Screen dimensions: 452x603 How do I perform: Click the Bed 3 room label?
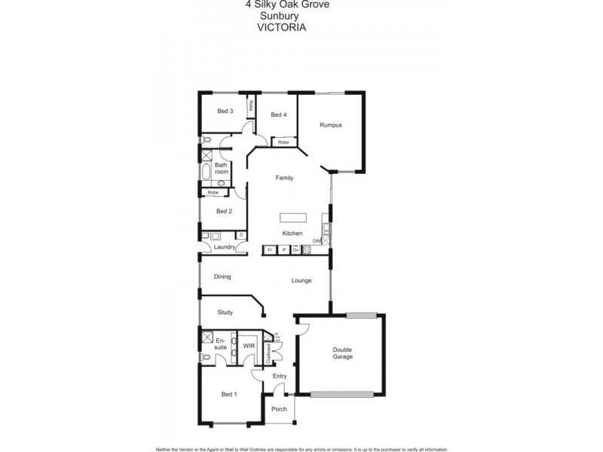click(225, 111)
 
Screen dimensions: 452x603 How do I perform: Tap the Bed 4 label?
click(278, 115)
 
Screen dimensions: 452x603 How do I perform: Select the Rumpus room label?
click(331, 125)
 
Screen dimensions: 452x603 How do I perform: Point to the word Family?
click(284, 178)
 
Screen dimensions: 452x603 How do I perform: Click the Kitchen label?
click(292, 234)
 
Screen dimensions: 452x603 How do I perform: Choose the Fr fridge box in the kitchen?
click(270, 249)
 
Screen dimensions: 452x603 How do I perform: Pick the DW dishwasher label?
click(317, 241)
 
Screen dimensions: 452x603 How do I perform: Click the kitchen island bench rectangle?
click(294, 218)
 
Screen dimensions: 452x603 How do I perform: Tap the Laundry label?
click(225, 247)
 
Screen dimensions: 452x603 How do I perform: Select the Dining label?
click(222, 276)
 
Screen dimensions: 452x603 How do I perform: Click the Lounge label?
click(302, 280)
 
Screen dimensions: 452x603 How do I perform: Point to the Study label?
click(225, 312)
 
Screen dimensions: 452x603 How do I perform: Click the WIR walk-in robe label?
click(248, 346)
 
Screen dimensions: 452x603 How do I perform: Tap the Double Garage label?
click(343, 353)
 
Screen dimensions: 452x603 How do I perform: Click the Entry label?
click(280, 375)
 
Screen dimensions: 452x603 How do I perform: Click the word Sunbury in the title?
click(276, 14)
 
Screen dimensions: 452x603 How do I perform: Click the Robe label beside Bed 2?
click(213, 192)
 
